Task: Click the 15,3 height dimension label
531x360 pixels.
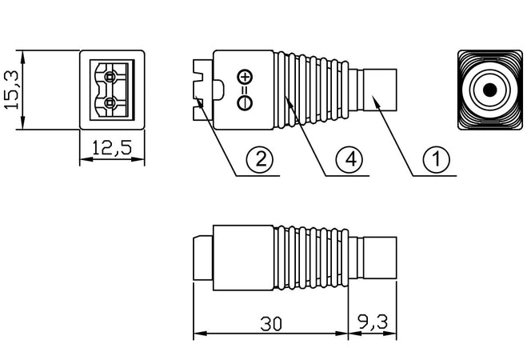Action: point(11,90)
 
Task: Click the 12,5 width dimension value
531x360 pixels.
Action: point(112,148)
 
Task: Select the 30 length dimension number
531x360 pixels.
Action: point(271,324)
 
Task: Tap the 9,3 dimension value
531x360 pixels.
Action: point(373,322)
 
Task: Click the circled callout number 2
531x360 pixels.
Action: point(260,158)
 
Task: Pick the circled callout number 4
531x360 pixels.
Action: point(349,159)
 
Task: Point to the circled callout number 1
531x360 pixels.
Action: point(437,159)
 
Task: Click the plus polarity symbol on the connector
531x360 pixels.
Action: point(245,77)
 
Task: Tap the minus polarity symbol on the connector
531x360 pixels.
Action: point(245,102)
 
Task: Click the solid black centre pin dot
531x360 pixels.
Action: point(489,90)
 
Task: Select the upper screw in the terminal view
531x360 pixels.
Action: point(109,78)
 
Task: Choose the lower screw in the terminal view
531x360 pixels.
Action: point(109,102)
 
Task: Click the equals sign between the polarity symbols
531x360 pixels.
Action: point(245,90)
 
